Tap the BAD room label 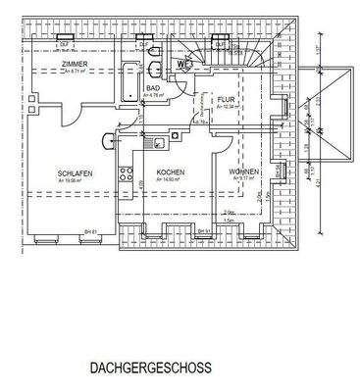153,87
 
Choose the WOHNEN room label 243,173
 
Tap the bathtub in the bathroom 130,80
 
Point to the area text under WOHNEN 243,181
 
